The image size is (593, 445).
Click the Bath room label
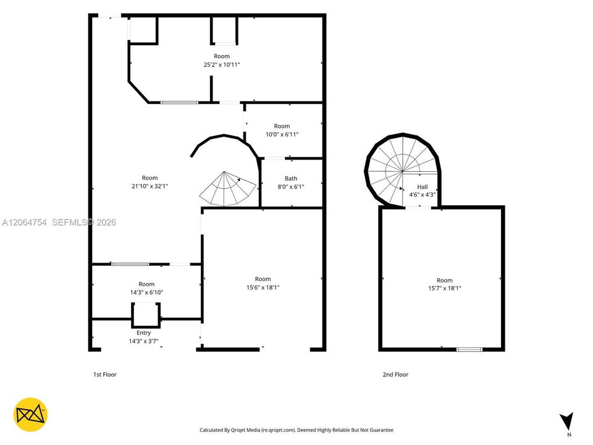coord(291,178)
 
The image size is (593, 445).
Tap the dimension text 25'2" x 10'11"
coord(222,65)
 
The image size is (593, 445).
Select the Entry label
coord(143,333)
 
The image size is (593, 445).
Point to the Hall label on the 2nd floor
coord(423,187)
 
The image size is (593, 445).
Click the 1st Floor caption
coord(105,375)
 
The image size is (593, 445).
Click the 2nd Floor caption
coord(395,375)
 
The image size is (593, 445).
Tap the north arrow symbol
coord(566,421)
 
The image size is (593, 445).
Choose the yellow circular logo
coord(30,414)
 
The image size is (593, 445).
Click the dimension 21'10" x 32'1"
coord(149,186)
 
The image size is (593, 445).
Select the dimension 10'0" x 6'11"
coord(282,134)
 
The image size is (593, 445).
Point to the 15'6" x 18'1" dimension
coord(263,287)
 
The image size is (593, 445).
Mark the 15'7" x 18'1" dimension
coord(444,289)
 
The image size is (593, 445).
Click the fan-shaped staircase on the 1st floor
coord(227,189)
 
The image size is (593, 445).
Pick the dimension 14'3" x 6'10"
coord(146,292)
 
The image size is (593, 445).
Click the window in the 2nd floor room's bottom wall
coord(469,349)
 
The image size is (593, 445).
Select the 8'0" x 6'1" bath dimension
coord(291,187)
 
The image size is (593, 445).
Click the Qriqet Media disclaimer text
coord(296,430)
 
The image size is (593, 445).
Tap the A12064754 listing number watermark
coord(24,222)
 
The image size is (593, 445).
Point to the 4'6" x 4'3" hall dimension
coord(423,195)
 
